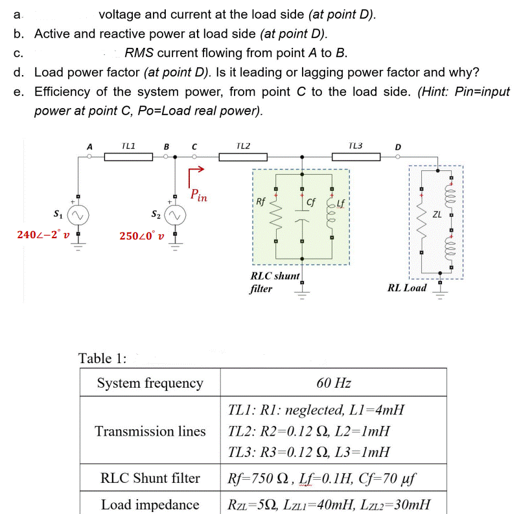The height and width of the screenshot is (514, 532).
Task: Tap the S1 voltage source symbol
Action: point(78,214)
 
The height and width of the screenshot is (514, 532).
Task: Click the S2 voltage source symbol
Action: point(175,214)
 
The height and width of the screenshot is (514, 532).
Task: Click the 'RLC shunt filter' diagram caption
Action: point(274,282)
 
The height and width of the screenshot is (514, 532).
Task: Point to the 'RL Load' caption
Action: point(406,287)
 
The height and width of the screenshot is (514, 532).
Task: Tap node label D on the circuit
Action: point(398,146)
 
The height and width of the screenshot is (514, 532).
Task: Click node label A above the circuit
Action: point(89,146)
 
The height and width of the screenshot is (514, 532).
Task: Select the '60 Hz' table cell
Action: point(334,383)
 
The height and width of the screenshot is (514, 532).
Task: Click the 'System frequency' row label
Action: point(150,383)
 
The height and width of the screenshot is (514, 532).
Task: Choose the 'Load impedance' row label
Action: point(150,504)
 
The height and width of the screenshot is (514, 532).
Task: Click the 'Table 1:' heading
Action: point(102,357)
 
